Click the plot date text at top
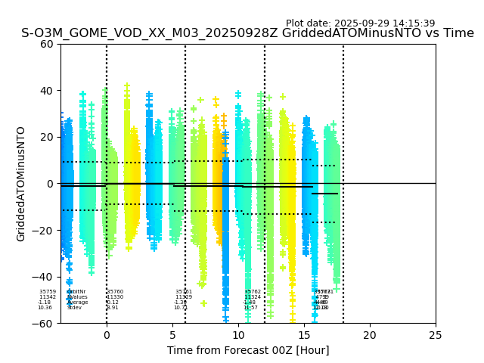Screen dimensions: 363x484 coord(360,23)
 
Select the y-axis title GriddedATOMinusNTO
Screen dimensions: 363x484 coord(21,184)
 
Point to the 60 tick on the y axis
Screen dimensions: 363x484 coord(47,44)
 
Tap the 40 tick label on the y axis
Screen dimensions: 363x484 coord(47,91)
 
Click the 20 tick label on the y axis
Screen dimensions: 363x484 coord(47,137)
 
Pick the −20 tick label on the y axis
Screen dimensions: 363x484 coord(44,231)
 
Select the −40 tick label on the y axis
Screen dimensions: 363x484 coord(44,277)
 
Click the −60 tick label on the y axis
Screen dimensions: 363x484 coord(44,324)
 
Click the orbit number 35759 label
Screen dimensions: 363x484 coord(48,292)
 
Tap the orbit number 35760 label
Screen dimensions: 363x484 coord(115,292)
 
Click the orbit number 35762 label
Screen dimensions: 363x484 coord(253,292)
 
